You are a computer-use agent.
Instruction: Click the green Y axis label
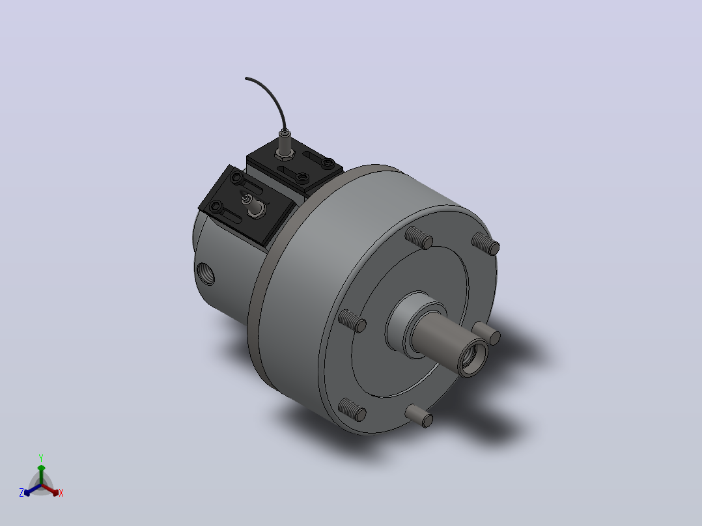(x=41, y=458)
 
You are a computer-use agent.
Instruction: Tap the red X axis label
(x=61, y=493)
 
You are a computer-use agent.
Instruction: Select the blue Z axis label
(x=21, y=493)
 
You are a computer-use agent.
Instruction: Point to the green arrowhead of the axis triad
(x=41, y=468)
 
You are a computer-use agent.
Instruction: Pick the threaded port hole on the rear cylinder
(x=206, y=273)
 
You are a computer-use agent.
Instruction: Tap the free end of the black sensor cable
(x=246, y=78)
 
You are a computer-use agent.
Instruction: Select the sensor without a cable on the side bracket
(x=254, y=205)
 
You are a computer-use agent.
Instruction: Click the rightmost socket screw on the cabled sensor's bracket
(x=329, y=163)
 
